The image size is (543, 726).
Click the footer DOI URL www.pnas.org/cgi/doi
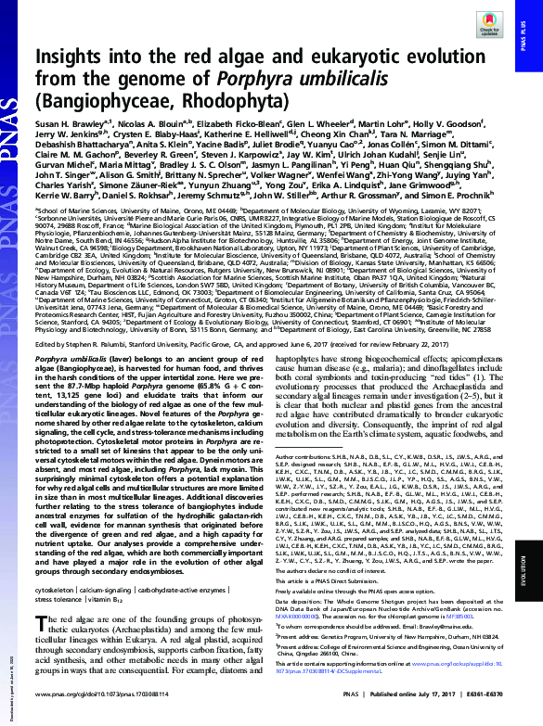(x=93, y=717)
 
